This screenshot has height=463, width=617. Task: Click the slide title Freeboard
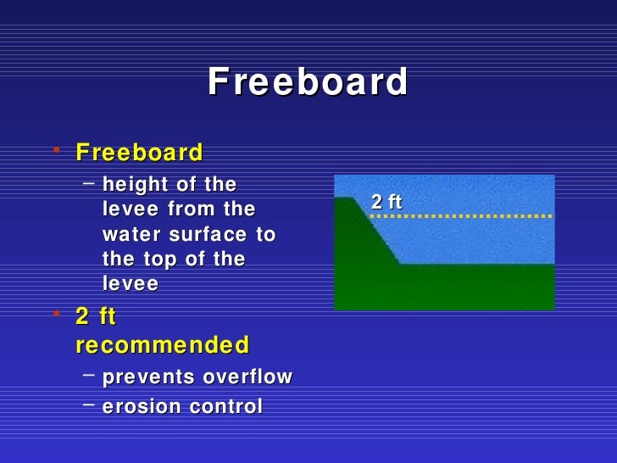point(308,83)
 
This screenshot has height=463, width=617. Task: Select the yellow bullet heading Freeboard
point(139,153)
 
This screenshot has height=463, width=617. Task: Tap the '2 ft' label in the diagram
point(386,202)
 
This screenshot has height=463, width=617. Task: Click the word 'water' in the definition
point(126,234)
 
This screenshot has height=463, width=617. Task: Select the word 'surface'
point(202,234)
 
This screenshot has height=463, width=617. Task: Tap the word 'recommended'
point(162,346)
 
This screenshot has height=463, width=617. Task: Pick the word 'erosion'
point(136,407)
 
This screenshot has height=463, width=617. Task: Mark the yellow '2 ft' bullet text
point(95,316)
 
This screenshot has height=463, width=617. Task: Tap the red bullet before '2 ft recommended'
point(56,314)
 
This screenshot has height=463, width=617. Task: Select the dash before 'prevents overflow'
point(88,374)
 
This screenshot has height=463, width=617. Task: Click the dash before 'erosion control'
point(88,404)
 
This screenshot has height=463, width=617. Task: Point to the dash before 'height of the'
point(88,181)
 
